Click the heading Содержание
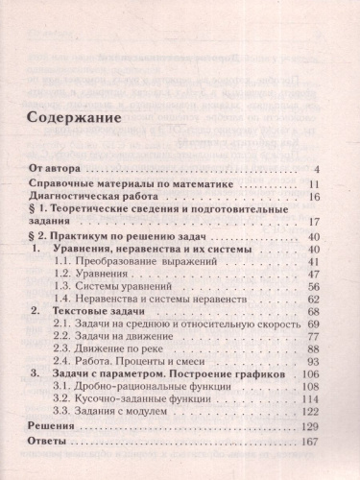tap(71, 122)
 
